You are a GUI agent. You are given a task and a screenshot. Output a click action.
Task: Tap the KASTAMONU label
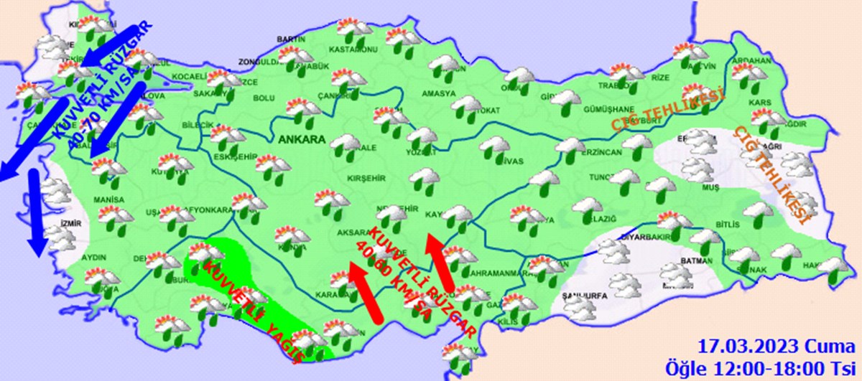(353, 50)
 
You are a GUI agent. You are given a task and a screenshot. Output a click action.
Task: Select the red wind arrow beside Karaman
(363, 291)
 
